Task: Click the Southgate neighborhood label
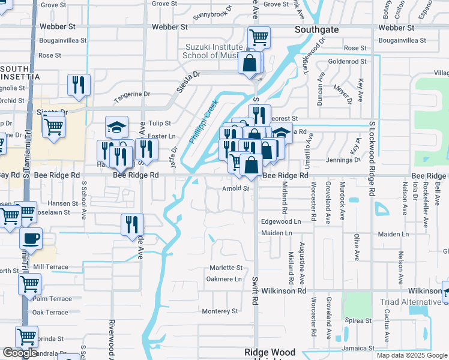317,29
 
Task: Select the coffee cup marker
31,238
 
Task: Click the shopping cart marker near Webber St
259,37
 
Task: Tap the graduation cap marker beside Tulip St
116,127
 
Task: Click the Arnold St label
235,188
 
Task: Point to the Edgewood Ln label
280,221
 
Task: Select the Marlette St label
225,268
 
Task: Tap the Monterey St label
220,311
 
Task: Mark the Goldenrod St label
347,61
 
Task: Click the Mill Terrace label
51,266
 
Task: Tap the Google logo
20,353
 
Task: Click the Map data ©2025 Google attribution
411,355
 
